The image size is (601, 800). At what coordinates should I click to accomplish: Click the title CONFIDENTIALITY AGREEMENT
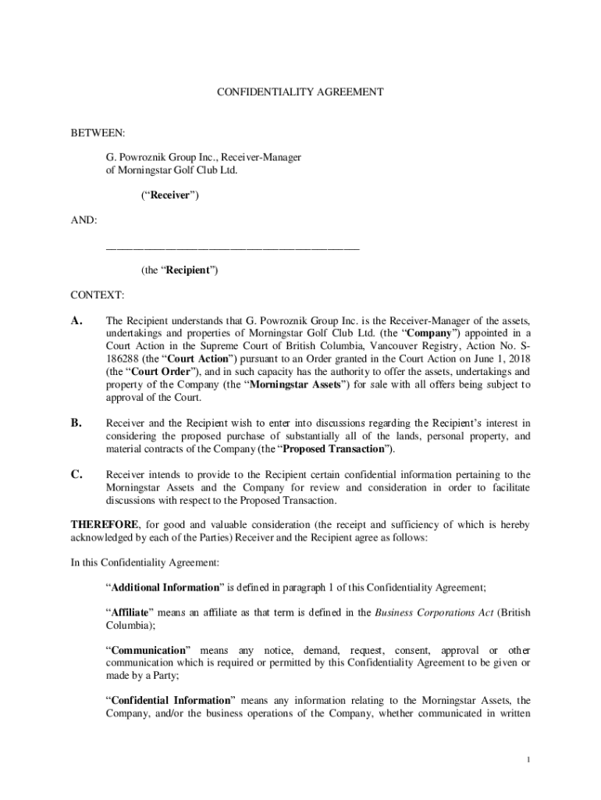point(300,92)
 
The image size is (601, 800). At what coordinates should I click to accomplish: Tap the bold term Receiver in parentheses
point(169,195)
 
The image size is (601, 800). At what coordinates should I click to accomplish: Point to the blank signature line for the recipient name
point(233,248)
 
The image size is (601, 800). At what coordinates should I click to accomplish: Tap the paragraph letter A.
point(76,321)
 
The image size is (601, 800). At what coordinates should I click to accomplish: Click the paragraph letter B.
point(76,423)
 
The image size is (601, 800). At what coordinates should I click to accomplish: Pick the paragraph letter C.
point(76,474)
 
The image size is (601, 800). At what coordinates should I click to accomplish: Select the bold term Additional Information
point(161,587)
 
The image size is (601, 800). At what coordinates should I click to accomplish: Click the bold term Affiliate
point(131,613)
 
